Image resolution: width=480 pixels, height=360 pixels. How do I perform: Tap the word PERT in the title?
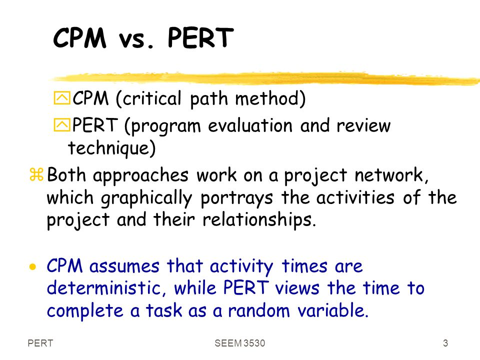coord(200,38)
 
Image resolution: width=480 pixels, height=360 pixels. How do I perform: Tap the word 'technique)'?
coord(111,148)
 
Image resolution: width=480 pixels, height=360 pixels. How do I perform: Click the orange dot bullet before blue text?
coord(32,267)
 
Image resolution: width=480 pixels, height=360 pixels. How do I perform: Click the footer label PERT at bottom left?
coord(40,343)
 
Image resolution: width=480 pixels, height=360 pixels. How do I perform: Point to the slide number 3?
coord(445,343)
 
